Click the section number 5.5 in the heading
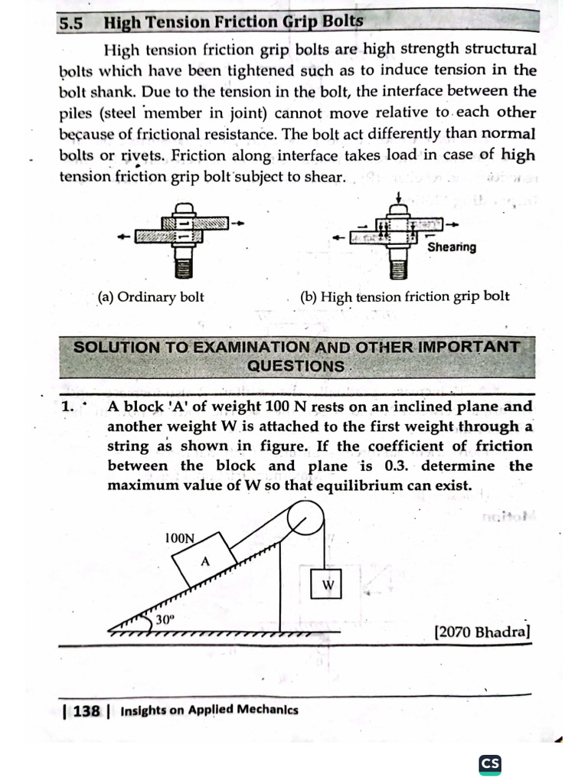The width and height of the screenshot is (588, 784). pyautogui.click(x=71, y=22)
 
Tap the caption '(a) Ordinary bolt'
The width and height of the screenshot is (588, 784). pyautogui.click(x=151, y=296)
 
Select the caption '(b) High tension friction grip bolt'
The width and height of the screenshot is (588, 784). pyautogui.click(x=405, y=296)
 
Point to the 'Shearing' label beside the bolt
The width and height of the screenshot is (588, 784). pyautogui.click(x=451, y=247)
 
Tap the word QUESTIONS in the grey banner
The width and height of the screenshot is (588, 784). pyautogui.click(x=296, y=366)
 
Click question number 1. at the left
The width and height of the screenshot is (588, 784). pyautogui.click(x=70, y=407)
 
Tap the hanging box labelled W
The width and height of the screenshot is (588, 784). pyautogui.click(x=328, y=585)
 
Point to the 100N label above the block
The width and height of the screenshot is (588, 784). pyautogui.click(x=179, y=538)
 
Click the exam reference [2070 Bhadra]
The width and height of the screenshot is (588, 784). pyautogui.click(x=482, y=632)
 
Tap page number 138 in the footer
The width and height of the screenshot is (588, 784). pyautogui.click(x=87, y=710)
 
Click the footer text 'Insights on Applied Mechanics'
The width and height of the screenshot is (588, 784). pyautogui.click(x=209, y=710)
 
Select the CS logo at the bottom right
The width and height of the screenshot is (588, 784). pyautogui.click(x=489, y=763)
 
